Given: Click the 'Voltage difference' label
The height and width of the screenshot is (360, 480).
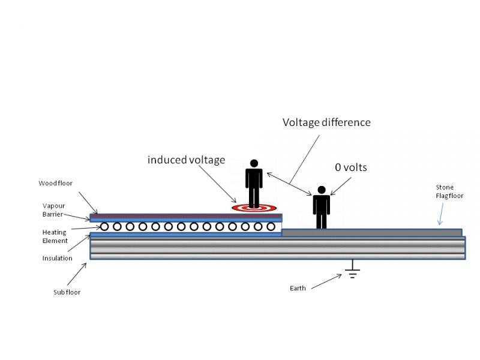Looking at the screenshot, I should pos(326,122).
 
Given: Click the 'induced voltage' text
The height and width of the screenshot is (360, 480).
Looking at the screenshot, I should pos(187,160).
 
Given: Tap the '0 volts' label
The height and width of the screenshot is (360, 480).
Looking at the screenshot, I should pos(351,167).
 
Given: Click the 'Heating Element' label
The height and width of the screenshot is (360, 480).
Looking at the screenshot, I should pos(55,236).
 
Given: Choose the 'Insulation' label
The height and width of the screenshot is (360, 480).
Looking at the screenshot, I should pos(57,259).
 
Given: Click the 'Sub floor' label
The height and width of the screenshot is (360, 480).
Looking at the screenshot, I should pos(67,292).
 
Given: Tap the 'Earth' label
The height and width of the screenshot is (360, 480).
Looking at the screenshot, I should pos(298,288).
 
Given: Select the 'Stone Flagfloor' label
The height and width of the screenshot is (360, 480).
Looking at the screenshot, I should pos(449,191).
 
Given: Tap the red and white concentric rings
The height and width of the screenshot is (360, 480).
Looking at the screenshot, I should pos(254,208).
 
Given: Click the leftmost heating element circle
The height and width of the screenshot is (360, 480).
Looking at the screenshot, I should pos(104,227).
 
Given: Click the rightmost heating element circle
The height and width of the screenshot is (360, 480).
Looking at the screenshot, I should pos(271,227).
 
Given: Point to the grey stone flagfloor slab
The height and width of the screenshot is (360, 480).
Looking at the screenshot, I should pos(371,232).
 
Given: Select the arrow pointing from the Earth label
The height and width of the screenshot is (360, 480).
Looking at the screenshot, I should pos(326,281).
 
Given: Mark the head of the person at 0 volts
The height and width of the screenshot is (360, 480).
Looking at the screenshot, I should pos(322,190).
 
